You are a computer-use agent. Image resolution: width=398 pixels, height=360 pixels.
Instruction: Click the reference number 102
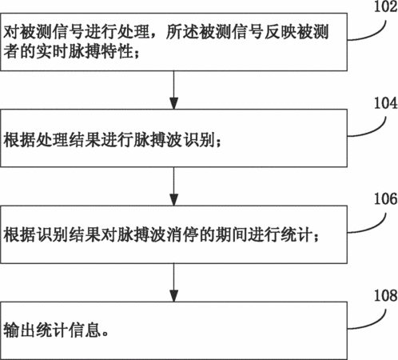pyautogui.click(x=386, y=6)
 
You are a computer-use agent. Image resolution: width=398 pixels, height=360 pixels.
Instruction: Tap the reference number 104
pyautogui.click(x=386, y=103)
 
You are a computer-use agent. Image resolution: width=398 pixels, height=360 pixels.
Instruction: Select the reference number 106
pyautogui.click(x=386, y=199)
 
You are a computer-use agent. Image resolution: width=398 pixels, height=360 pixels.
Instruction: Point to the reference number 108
pyautogui.click(x=386, y=295)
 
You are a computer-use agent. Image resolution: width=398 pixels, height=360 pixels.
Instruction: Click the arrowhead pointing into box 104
pyautogui.click(x=173, y=103)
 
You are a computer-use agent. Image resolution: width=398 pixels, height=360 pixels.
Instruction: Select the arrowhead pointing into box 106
pyautogui.click(x=173, y=200)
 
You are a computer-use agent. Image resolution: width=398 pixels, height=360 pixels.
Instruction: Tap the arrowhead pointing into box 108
pyautogui.click(x=173, y=296)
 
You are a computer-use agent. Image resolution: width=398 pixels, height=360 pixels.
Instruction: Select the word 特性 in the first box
pyautogui.click(x=117, y=51)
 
